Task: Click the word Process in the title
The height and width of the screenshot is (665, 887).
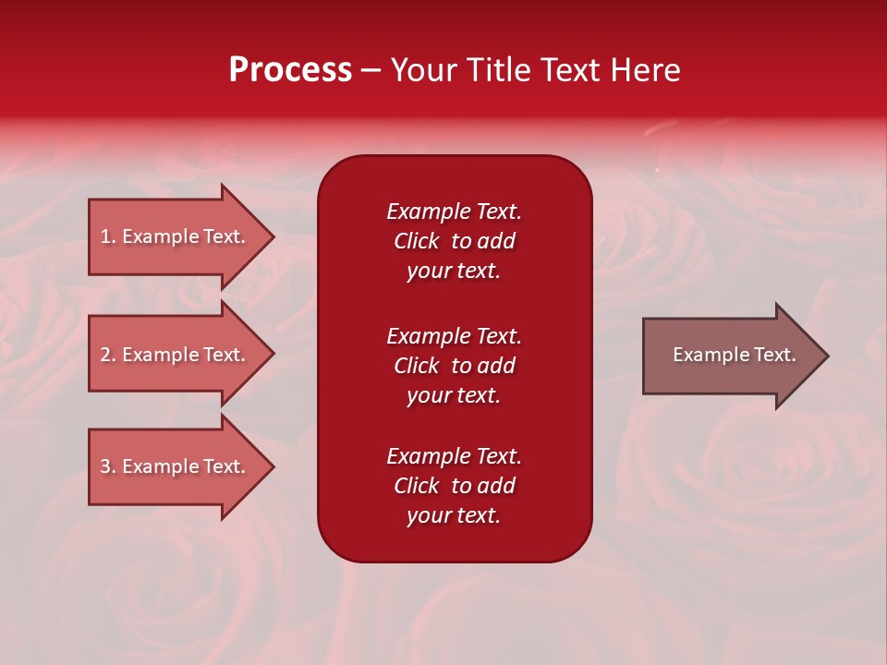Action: (290, 70)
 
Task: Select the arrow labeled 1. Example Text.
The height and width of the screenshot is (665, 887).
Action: (176, 236)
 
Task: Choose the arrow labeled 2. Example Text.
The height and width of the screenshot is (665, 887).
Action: (176, 355)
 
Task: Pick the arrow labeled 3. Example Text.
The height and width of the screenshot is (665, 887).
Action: (176, 466)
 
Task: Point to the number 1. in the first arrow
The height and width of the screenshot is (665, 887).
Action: (108, 236)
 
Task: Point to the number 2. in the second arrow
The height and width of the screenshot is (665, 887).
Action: (108, 355)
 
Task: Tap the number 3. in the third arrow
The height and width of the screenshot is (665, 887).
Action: (108, 466)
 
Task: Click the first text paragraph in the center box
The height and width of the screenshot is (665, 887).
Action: (454, 241)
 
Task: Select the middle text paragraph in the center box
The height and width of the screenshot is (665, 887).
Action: (454, 366)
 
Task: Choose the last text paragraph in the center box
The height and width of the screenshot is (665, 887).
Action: (454, 486)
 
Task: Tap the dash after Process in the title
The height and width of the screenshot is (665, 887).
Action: (371, 70)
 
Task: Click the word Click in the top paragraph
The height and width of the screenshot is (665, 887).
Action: (416, 241)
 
